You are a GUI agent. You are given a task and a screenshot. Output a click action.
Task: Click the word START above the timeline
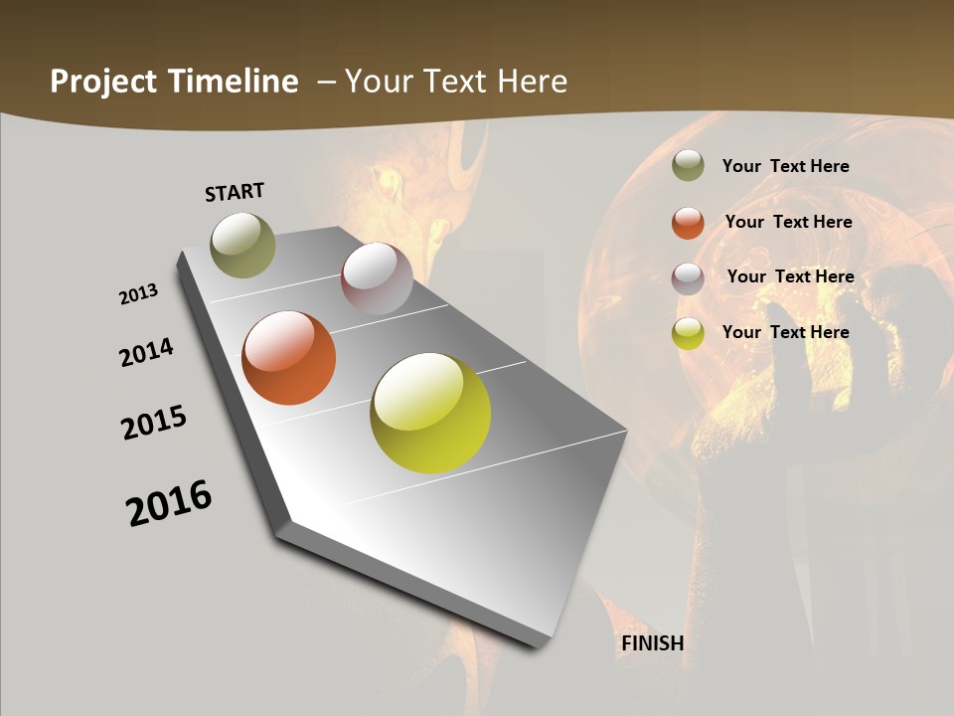click(x=235, y=192)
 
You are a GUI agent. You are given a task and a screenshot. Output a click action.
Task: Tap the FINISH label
click(x=652, y=643)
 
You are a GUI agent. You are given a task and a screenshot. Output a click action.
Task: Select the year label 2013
click(x=138, y=294)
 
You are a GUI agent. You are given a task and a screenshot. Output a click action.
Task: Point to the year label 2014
click(x=146, y=353)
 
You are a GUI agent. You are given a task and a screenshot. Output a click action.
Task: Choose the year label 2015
click(x=154, y=423)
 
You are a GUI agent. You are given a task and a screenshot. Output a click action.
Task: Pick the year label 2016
click(x=169, y=503)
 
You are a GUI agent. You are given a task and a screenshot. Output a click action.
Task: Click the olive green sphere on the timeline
click(x=242, y=245)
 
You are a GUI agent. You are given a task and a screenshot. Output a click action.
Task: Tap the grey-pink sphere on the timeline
click(x=377, y=278)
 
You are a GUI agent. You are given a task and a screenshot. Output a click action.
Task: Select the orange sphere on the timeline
click(x=288, y=358)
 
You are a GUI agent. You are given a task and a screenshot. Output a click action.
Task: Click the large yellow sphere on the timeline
click(x=430, y=413)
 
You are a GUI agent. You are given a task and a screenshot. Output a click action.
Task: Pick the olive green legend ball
click(x=688, y=166)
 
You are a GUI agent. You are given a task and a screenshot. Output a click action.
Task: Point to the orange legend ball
click(x=688, y=223)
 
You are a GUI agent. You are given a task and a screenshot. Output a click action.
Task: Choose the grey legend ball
click(x=688, y=278)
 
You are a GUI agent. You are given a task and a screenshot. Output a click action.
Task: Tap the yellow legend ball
click(x=688, y=334)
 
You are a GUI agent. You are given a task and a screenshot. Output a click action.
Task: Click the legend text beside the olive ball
click(x=785, y=166)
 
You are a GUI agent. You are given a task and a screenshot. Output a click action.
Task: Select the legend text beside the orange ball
click(x=788, y=222)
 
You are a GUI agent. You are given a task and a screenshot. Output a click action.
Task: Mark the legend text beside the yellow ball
click(x=785, y=332)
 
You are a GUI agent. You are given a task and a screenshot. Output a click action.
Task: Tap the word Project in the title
click(x=103, y=82)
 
